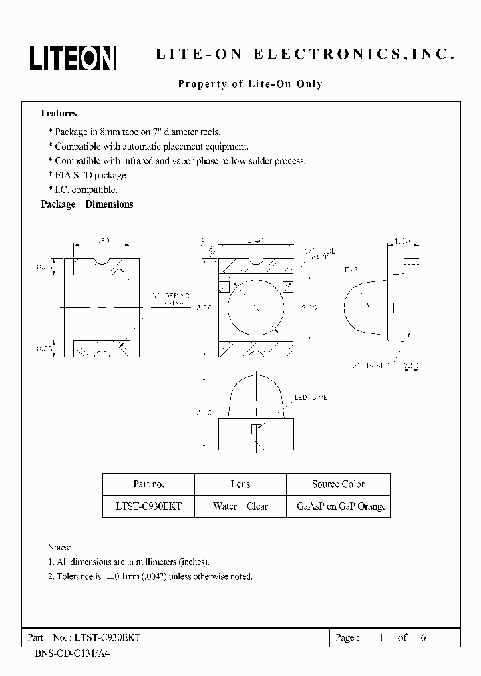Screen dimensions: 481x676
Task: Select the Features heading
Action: (59, 114)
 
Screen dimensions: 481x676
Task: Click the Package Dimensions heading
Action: (87, 204)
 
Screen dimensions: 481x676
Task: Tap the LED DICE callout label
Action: (311, 397)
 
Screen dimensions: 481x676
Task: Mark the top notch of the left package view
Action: (102, 262)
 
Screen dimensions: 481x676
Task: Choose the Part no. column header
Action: (148, 484)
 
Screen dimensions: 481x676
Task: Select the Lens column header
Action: (240, 484)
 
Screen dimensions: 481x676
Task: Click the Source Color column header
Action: (338, 484)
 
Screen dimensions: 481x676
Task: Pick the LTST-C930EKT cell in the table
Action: (148, 506)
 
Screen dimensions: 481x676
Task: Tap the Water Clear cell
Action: (240, 506)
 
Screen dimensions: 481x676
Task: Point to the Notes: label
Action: (59, 546)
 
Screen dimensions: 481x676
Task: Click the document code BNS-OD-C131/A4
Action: (71, 653)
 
